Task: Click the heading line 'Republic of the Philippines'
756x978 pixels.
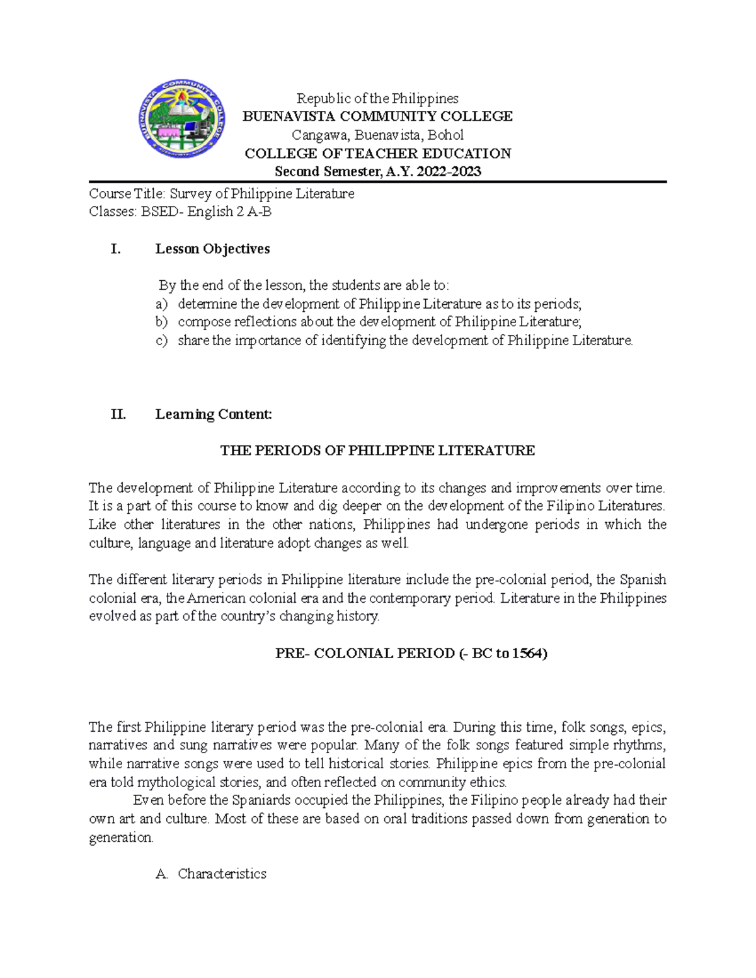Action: click(x=377, y=98)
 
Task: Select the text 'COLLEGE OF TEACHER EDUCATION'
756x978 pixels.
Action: click(x=377, y=153)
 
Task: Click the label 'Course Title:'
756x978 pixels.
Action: click(x=127, y=193)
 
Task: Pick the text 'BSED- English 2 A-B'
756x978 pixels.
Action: click(x=206, y=212)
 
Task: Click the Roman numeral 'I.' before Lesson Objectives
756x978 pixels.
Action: click(x=115, y=249)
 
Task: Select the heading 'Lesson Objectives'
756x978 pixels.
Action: click(x=212, y=249)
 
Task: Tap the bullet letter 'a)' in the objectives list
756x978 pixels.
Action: click(x=161, y=304)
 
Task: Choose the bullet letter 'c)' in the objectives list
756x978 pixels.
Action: click(x=161, y=341)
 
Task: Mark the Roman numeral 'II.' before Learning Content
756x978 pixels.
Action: click(x=118, y=414)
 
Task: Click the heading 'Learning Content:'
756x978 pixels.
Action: click(x=214, y=414)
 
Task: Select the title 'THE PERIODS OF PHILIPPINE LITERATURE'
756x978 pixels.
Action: click(x=377, y=450)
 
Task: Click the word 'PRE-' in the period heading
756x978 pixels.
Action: click(x=292, y=653)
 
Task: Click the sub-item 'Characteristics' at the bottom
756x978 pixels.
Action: click(x=222, y=873)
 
